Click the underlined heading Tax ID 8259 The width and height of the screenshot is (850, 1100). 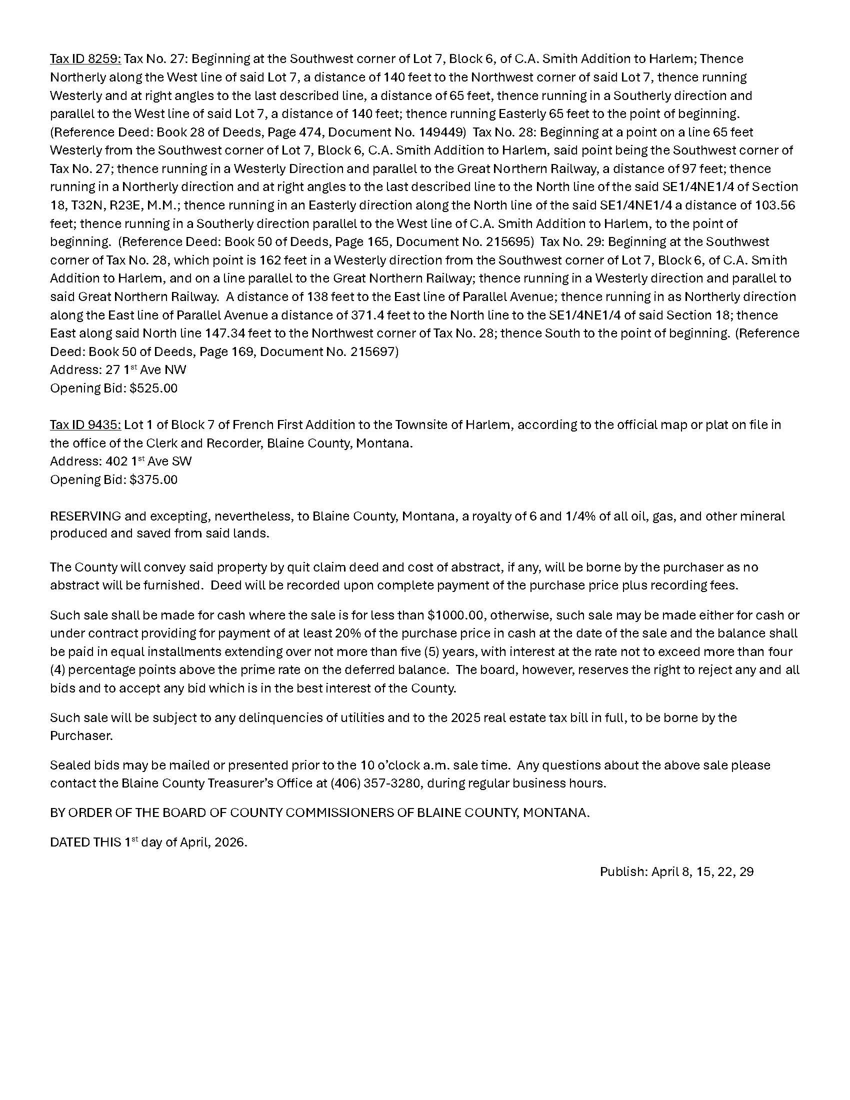click(x=85, y=59)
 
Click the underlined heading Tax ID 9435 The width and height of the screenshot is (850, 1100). click(x=85, y=424)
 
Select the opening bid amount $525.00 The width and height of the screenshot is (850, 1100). click(x=153, y=388)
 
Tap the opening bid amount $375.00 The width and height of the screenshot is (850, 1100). click(x=153, y=479)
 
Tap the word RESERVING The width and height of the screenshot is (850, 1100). click(x=85, y=516)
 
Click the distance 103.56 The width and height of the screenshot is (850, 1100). click(x=775, y=205)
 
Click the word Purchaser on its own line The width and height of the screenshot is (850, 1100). click(x=80, y=736)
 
